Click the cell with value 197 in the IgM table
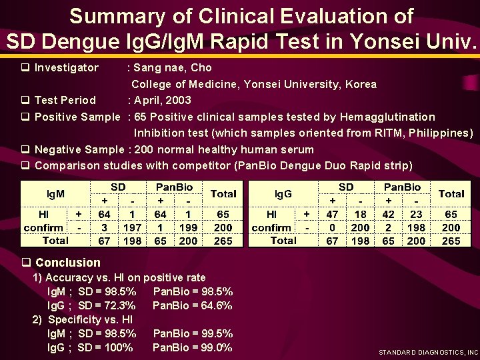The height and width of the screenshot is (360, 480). pos(132,227)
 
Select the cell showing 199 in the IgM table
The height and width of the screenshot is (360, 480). pos(189,227)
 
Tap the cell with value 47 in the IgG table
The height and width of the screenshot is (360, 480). pos(332,214)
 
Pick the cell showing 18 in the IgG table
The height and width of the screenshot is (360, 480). pos(360,214)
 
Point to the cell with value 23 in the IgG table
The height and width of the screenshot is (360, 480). pos(416,214)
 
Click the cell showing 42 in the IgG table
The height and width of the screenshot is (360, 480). pos(388,214)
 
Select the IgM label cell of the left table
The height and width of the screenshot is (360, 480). pos(55,193)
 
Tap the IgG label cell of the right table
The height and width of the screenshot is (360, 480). pos(283,193)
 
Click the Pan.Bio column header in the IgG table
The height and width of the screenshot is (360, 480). pos(402,187)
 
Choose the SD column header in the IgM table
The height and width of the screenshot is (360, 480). pos(118,187)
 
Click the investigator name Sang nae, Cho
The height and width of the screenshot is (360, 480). pos(173,67)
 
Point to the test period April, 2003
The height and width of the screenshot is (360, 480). pos(163,100)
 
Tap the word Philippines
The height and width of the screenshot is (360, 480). pos(438,133)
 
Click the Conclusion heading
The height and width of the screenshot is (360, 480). pos(67,263)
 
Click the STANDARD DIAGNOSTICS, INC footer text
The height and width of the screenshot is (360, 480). pos(428,352)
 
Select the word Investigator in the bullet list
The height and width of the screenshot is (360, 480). pos(66,67)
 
